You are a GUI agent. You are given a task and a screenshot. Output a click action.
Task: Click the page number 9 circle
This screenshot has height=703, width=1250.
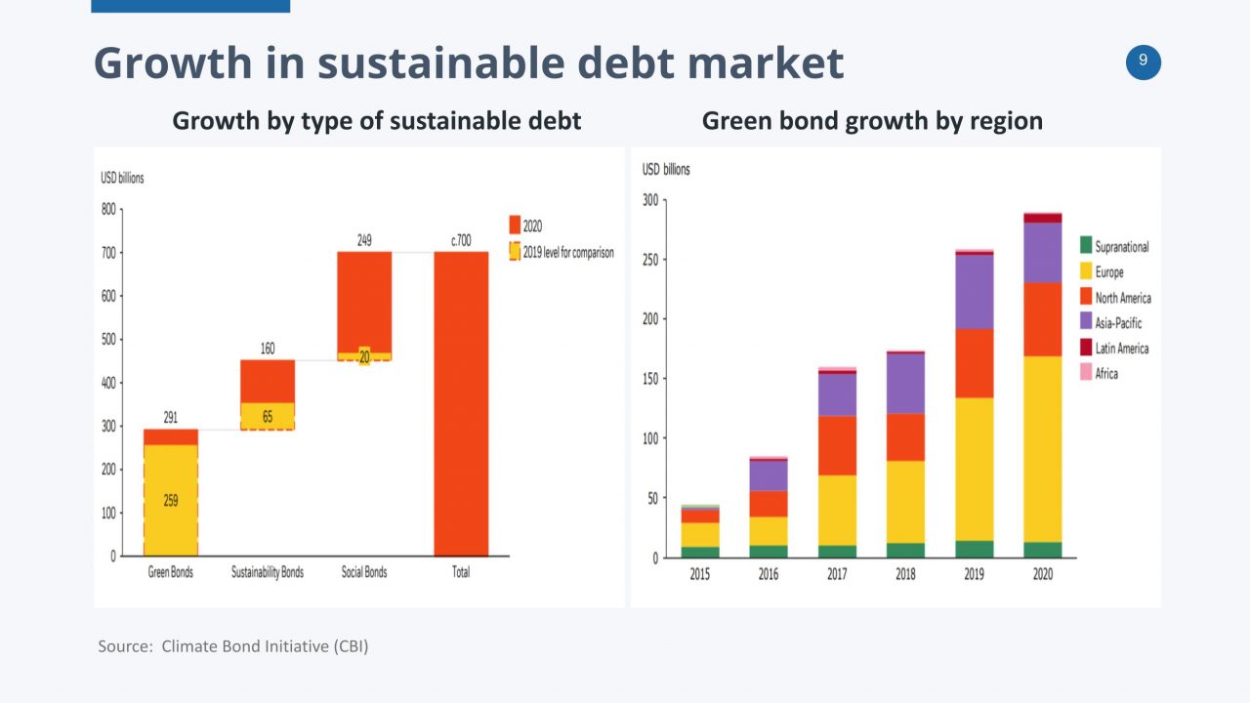(x=1144, y=62)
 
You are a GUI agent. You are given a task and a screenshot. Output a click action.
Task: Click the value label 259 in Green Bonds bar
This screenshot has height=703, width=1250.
(x=171, y=501)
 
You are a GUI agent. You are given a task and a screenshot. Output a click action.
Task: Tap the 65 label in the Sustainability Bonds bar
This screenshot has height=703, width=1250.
(x=267, y=417)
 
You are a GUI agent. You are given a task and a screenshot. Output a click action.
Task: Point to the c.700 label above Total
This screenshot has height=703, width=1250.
(x=461, y=239)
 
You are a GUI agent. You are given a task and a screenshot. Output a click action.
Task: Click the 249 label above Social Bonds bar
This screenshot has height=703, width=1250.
(x=364, y=239)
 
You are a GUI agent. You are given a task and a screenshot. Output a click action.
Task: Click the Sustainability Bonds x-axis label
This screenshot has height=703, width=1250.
(x=267, y=572)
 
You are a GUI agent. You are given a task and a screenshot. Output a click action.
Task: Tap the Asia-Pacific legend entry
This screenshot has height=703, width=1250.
(x=1117, y=323)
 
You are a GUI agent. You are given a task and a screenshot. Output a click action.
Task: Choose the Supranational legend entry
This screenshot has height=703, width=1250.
(x=1121, y=247)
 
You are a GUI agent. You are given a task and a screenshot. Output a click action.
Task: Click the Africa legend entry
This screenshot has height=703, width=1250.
(x=1105, y=374)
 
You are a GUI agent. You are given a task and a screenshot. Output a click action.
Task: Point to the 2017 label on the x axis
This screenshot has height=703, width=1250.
(x=837, y=574)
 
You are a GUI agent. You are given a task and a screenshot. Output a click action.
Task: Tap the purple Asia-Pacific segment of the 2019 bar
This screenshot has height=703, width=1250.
(x=975, y=291)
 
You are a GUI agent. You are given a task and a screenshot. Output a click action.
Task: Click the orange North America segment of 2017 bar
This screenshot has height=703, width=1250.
(x=837, y=445)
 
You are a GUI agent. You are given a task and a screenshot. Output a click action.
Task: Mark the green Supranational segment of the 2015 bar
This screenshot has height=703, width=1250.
(x=699, y=552)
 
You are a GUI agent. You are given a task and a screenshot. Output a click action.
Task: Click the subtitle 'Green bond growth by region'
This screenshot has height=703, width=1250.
(x=872, y=121)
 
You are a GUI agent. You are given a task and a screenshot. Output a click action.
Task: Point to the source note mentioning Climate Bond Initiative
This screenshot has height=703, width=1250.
(x=233, y=646)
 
